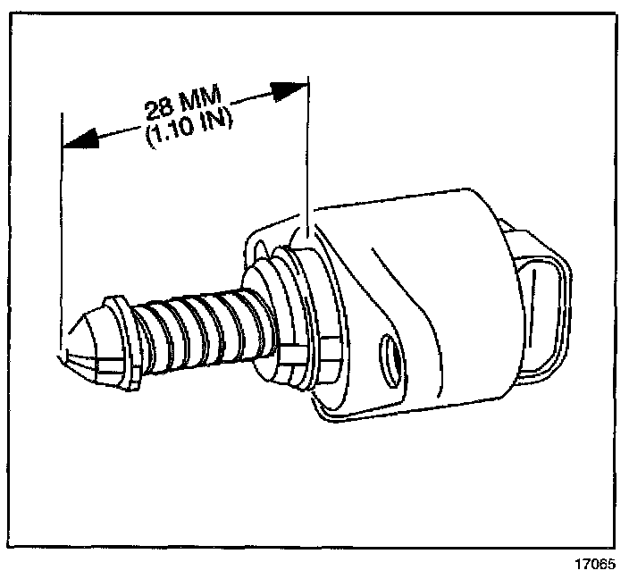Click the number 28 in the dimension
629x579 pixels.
pos(158,108)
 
